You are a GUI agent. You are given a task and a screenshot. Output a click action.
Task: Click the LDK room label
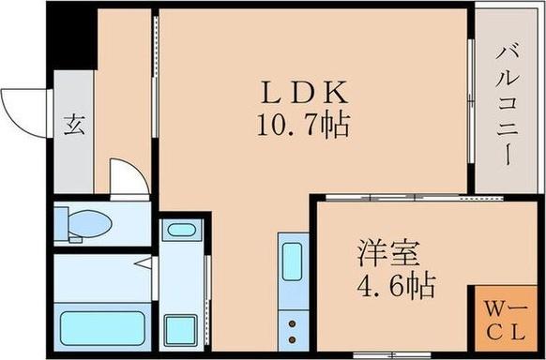click(305, 93)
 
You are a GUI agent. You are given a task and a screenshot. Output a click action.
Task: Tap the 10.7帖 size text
click(304, 124)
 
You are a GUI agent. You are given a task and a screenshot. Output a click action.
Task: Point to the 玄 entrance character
click(73, 125)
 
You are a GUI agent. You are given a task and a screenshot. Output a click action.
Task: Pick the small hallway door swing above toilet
click(126, 178)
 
